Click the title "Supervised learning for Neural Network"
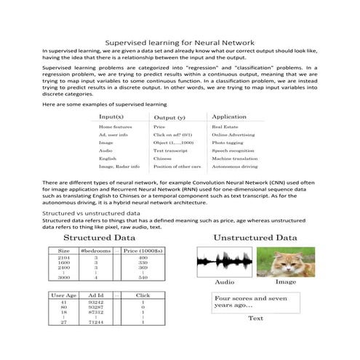(x=180, y=43)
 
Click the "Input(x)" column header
(x=111, y=116)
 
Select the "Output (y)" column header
(x=169, y=117)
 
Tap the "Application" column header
(x=228, y=116)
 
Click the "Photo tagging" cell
(x=226, y=143)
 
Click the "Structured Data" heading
(x=99, y=237)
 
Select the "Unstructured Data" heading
(x=255, y=237)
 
